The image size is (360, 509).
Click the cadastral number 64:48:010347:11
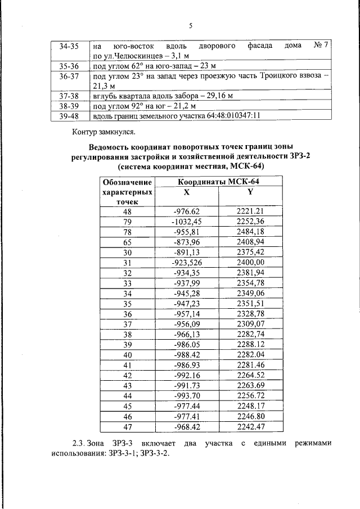tap(226, 116)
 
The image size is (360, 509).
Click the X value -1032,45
tap(186, 222)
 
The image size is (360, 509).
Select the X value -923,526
tap(186, 263)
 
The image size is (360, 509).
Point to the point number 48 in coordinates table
tap(127, 211)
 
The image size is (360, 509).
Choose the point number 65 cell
tap(127, 242)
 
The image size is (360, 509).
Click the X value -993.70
tap(186, 396)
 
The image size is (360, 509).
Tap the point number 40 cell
tap(127, 355)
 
